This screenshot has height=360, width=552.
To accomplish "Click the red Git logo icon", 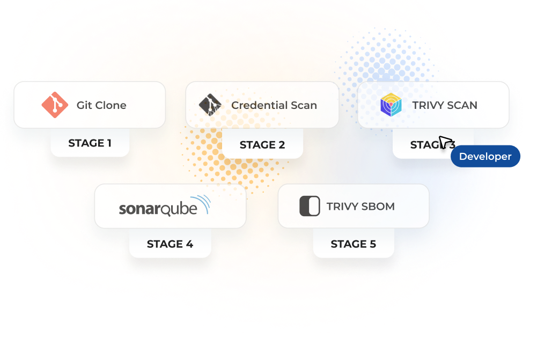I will pyautogui.click(x=55, y=105).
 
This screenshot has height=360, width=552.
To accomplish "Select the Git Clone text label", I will pyautogui.click(x=101, y=105).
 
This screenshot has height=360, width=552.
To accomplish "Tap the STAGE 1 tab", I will pyautogui.click(x=90, y=143).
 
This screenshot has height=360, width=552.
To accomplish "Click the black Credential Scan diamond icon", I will pyautogui.click(x=210, y=105).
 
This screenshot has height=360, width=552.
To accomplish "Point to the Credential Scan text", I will pyautogui.click(x=274, y=105).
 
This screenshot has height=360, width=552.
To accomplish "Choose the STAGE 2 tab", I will pyautogui.click(x=262, y=145).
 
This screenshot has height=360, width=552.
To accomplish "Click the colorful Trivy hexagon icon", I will pyautogui.click(x=391, y=105).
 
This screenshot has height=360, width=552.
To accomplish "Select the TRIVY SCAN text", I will pyautogui.click(x=445, y=105).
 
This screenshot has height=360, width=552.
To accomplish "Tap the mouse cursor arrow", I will pyautogui.click(x=445, y=143).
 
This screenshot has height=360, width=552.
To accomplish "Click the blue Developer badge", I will pyautogui.click(x=485, y=157).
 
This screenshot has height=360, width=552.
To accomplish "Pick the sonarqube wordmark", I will pyautogui.click(x=158, y=208).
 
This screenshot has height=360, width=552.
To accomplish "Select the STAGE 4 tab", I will pyautogui.click(x=170, y=244).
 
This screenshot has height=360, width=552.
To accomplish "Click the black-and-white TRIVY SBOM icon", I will pyautogui.click(x=310, y=206).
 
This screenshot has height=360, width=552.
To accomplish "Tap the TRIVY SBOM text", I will pyautogui.click(x=360, y=206).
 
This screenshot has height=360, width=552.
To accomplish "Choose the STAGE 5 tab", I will pyautogui.click(x=353, y=244).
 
